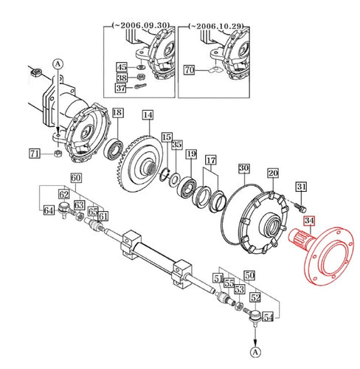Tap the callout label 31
coord(301,187)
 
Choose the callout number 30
coord(243,168)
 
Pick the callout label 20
coord(272,174)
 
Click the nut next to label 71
coord(58,154)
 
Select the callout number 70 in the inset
coord(189,72)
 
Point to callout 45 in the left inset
coord(122,67)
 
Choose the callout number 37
coord(122,88)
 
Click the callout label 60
coord(76,178)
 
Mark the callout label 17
coord(211,160)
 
